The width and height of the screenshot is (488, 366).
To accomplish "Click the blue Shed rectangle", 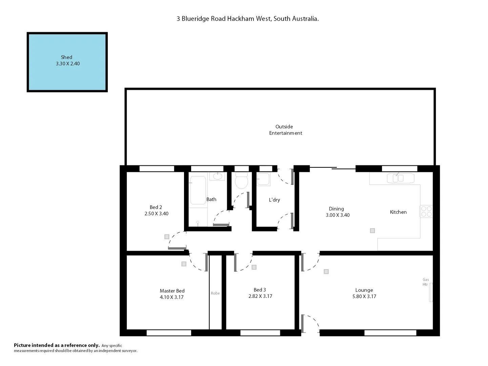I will [x=67, y=78].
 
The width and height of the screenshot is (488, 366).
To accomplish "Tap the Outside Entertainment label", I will [x=285, y=130].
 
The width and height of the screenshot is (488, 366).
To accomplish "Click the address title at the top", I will [x=247, y=19].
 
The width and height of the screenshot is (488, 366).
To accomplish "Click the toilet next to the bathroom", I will [x=241, y=181].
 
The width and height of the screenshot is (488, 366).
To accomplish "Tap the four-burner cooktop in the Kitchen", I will [x=426, y=211].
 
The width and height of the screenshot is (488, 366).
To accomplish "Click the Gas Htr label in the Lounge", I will [x=425, y=282].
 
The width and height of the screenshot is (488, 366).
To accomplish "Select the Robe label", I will [x=215, y=293].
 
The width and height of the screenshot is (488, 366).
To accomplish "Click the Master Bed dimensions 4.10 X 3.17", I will [x=171, y=297].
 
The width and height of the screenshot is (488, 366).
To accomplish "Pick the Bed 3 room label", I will [x=260, y=290].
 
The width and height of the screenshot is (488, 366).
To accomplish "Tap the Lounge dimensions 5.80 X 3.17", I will [x=364, y=297].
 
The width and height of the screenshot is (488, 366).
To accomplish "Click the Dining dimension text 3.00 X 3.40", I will [x=338, y=215].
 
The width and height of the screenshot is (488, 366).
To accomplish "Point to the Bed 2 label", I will [x=156, y=207].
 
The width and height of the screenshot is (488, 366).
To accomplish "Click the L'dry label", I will [x=274, y=200].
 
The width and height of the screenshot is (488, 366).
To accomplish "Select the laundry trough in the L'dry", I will [x=263, y=179].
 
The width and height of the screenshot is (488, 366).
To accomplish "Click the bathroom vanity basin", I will [x=217, y=176].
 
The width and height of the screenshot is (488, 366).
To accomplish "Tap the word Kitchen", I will [x=398, y=212].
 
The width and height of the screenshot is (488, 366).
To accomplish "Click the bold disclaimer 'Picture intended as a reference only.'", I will [x=57, y=345].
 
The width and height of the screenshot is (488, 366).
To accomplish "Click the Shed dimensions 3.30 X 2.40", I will [x=68, y=64].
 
